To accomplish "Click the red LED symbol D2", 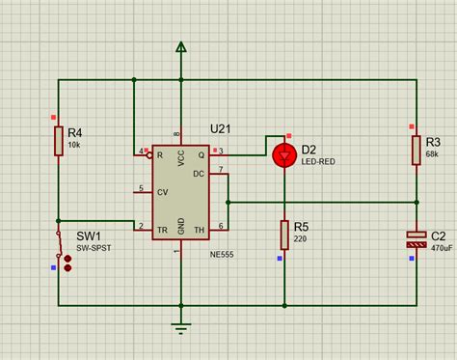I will coord(283,154).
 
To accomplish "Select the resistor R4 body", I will coord(59,140).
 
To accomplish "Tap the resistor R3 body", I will coord(416,150).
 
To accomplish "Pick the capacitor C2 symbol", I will coord(416,239).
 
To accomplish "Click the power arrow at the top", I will coord(179,47).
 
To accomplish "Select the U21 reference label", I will coord(222,129).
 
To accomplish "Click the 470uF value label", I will coord(443,248).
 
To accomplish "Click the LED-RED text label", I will coord(319,162).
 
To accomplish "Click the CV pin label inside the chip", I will coord(162,189).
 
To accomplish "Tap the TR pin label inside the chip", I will coord(162,228).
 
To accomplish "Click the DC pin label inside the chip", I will coord(198,174).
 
